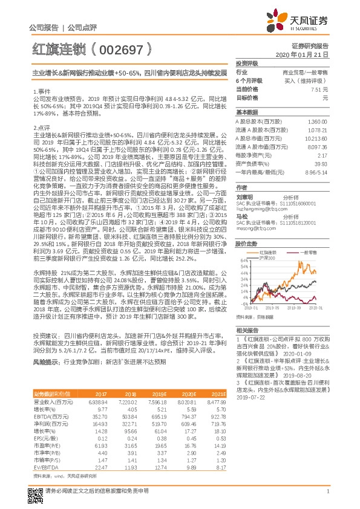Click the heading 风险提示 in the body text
45,361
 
